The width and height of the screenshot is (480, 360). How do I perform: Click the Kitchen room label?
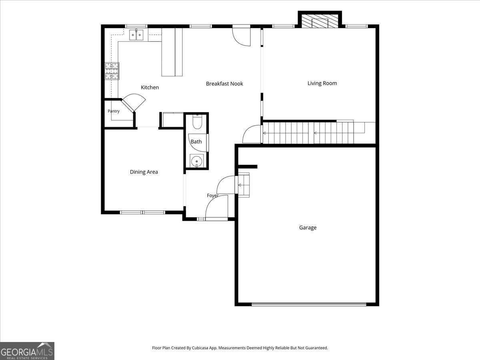coord(150,88)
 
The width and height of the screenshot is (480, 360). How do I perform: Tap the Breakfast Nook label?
coord(224,84)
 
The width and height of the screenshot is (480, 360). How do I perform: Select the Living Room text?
coord(322,83)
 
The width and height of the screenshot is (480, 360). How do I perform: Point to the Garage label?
coord(308,228)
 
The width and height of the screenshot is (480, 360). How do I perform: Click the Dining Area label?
coord(144,172)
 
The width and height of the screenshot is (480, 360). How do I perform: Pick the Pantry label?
coord(114,111)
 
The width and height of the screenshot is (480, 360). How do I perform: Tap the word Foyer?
coord(212,196)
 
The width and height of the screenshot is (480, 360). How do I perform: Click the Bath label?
coord(196,142)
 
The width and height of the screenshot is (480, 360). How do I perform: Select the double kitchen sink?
coord(136,35)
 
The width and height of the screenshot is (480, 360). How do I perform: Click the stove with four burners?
coord(112,71)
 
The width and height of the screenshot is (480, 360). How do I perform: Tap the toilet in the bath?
coord(197,122)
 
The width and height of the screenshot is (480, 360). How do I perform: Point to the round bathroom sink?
coord(197,161)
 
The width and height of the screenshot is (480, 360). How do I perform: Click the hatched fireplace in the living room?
coord(320,21)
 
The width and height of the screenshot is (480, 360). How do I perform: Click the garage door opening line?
coord(309,304)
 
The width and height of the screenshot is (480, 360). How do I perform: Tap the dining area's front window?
coord(142,212)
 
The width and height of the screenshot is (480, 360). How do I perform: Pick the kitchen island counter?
coord(172,52)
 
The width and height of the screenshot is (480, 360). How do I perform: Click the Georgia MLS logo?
coord(27,351)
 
